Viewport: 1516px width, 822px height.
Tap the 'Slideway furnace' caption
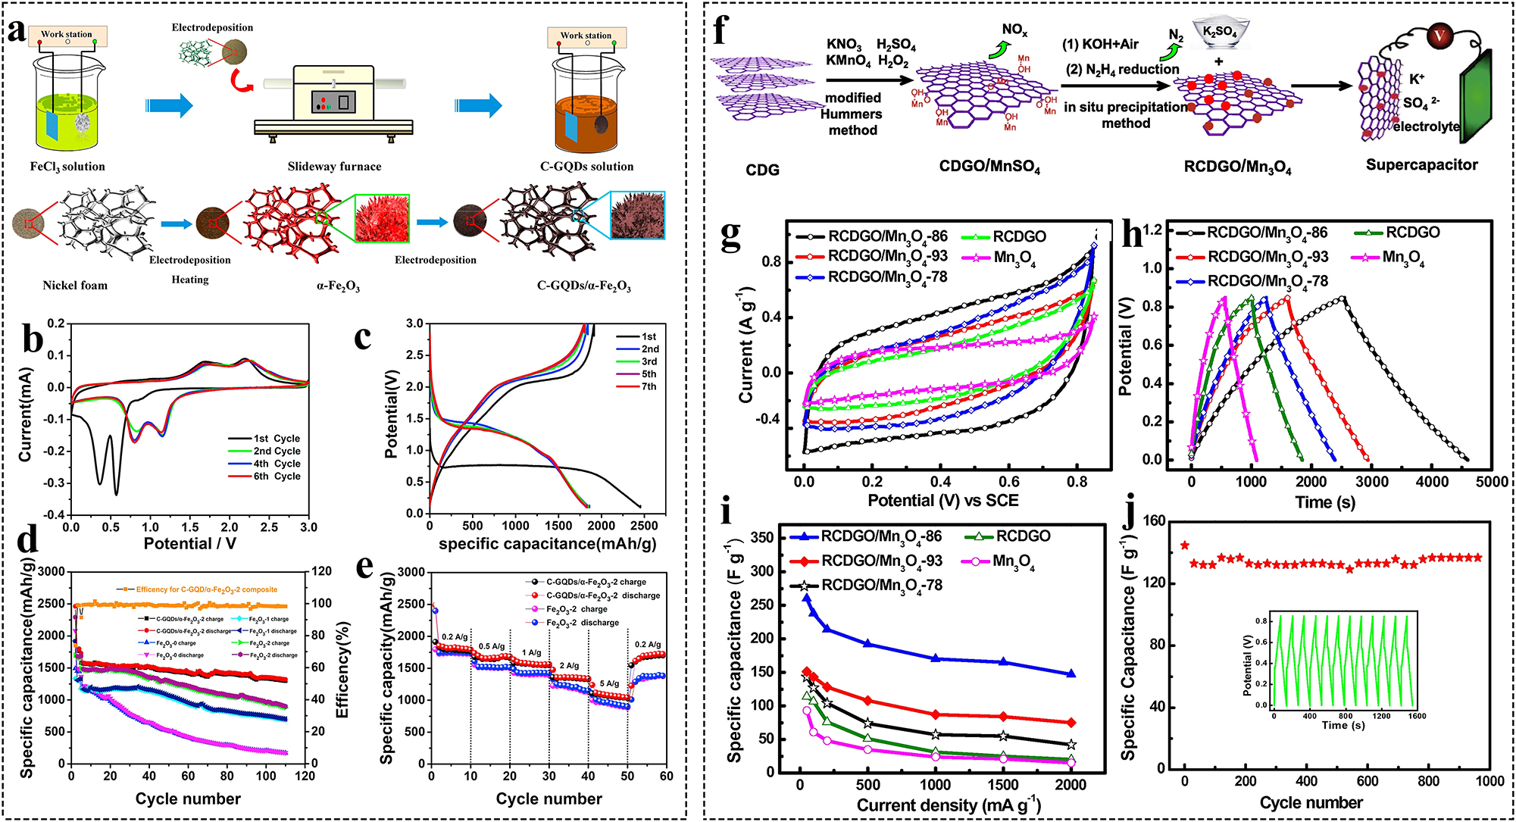(334, 167)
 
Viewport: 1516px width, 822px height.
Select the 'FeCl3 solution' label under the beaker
(67, 167)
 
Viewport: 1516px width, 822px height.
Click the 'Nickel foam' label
(75, 286)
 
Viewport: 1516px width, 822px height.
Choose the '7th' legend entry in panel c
(649, 386)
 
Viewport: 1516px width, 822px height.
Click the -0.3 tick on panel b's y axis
(55, 483)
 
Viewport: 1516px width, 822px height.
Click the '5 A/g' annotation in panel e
(609, 683)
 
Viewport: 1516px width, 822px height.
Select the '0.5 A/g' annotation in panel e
(492, 646)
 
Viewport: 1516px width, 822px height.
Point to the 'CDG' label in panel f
(762, 170)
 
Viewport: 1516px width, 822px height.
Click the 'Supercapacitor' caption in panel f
(1421, 165)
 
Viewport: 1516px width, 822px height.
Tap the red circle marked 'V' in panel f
(1439, 36)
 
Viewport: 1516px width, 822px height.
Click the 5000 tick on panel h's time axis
(1491, 482)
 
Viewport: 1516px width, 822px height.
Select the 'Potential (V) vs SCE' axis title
(942, 501)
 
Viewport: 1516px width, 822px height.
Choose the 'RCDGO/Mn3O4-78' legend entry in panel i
(882, 586)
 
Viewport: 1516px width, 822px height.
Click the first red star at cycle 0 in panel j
(1185, 545)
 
